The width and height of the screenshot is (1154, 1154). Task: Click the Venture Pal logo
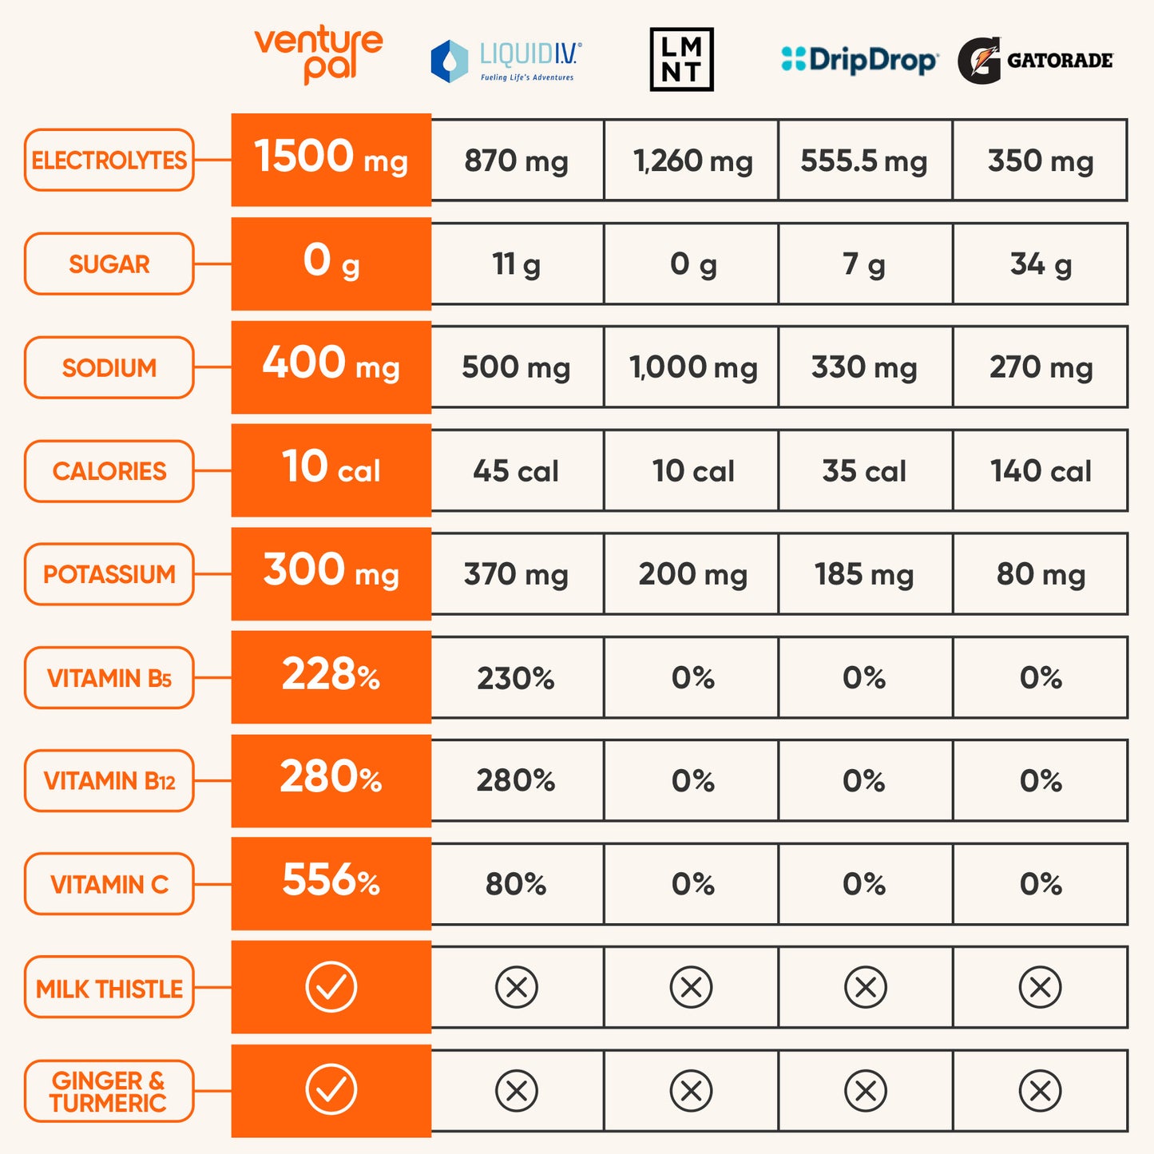click(x=319, y=54)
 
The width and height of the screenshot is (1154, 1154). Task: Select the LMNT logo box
click(x=681, y=60)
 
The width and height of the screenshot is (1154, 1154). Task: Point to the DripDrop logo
click(x=859, y=60)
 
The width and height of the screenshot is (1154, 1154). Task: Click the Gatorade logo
click(x=1035, y=60)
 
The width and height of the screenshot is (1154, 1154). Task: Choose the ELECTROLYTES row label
click(x=109, y=161)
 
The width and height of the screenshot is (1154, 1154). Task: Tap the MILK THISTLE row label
click(x=109, y=988)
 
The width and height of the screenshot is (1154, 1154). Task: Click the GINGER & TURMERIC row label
click(x=109, y=1091)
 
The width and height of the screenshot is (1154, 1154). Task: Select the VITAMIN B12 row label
click(x=109, y=780)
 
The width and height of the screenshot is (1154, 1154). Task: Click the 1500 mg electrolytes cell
click(x=331, y=159)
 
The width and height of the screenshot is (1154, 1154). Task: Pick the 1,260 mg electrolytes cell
click(x=692, y=161)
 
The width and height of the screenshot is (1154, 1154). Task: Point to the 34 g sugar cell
click(x=1040, y=264)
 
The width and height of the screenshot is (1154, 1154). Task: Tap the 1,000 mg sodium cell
click(x=692, y=367)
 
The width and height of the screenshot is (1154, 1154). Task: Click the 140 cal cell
click(x=1040, y=470)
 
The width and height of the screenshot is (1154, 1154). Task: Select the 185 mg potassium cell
click(x=864, y=573)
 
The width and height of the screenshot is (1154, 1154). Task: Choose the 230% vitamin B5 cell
click(x=516, y=677)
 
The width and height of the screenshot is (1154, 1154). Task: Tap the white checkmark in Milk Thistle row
click(x=331, y=987)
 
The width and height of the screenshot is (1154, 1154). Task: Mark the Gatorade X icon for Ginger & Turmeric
click(x=1040, y=1091)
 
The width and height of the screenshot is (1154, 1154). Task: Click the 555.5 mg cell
click(x=864, y=161)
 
